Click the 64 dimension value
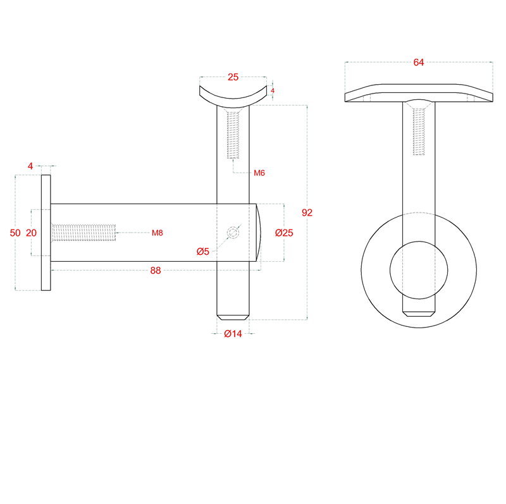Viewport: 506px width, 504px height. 418,62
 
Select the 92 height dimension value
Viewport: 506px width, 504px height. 307,212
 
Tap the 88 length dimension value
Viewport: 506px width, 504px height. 156,270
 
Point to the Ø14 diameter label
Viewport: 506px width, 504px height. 233,334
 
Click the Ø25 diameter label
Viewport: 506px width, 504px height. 284,233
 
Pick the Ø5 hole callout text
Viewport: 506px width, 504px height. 202,252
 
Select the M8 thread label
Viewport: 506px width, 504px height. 157,233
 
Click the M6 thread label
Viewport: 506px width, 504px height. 259,173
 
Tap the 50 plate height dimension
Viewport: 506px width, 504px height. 16,233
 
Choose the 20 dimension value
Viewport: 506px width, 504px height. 31,233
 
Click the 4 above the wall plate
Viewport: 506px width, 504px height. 30,166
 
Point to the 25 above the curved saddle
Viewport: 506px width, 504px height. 233,77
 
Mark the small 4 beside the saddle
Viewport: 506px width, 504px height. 273,90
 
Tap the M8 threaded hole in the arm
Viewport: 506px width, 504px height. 83,233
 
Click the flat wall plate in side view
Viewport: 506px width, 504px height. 46,233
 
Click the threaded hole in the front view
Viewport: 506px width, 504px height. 418,132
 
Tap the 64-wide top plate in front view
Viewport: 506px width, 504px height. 418,94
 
